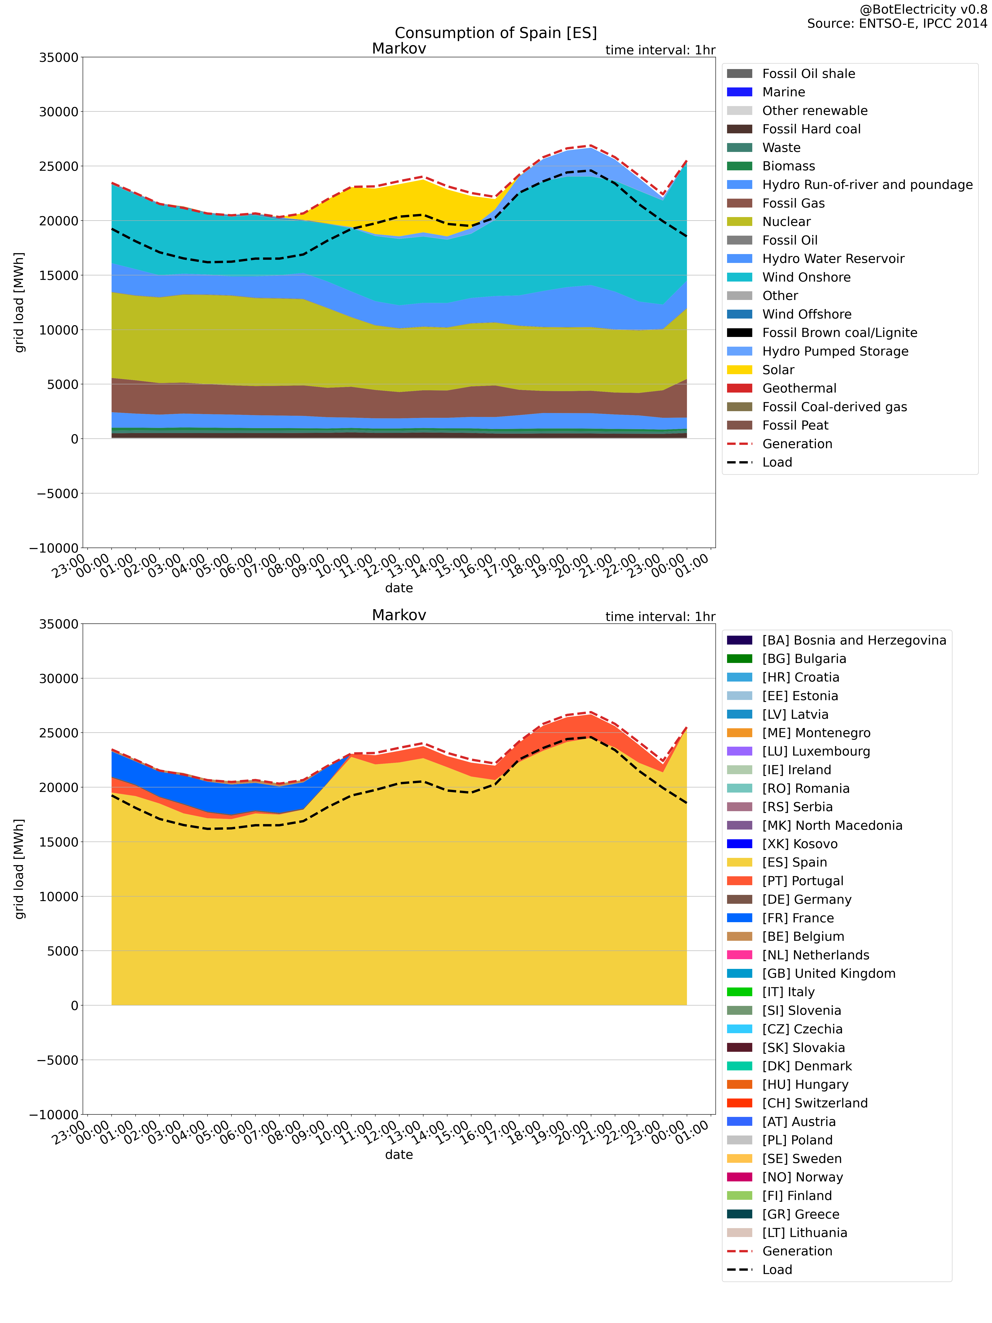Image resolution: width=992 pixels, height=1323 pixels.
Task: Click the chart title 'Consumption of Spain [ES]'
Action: tap(496, 33)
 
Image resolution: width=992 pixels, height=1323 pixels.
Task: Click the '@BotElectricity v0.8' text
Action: tap(923, 10)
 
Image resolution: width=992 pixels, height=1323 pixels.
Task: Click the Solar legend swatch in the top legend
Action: tap(740, 370)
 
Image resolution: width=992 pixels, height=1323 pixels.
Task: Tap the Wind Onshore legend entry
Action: tap(806, 277)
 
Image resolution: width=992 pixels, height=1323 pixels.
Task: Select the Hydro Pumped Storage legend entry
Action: tap(835, 351)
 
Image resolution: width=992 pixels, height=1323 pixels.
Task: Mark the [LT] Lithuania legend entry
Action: tap(804, 1233)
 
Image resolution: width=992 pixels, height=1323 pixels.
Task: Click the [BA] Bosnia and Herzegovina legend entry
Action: tap(854, 641)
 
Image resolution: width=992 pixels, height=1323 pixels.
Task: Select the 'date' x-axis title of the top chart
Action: tap(399, 588)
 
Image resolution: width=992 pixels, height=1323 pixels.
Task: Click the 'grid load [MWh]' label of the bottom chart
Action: tap(20, 869)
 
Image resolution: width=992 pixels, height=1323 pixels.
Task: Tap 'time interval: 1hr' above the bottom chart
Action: tap(660, 617)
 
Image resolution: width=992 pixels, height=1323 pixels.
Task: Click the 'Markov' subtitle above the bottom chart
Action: tap(399, 615)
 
